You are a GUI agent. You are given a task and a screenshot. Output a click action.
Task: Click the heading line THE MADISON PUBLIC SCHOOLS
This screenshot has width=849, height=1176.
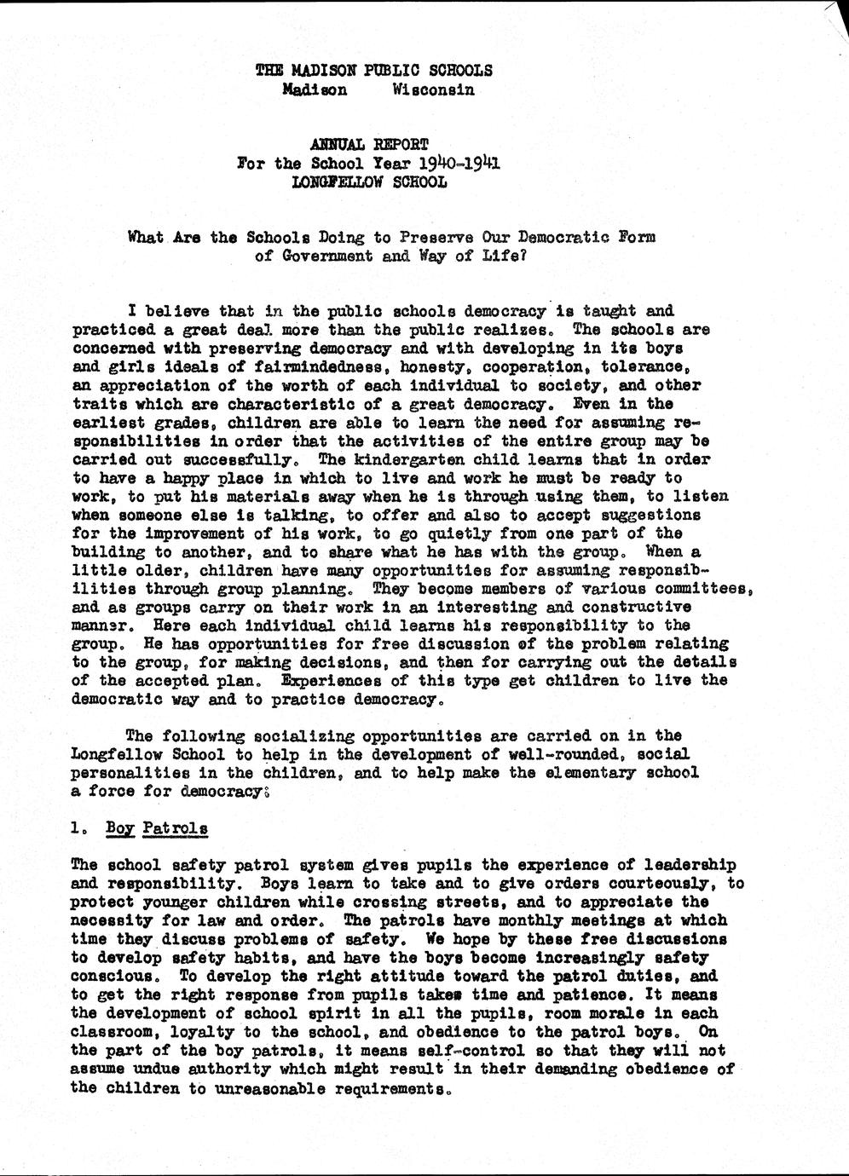pos(373,71)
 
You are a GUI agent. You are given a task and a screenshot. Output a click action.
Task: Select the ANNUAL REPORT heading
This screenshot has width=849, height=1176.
pos(369,145)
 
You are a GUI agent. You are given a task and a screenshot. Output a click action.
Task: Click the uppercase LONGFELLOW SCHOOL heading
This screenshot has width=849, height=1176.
pos(369,182)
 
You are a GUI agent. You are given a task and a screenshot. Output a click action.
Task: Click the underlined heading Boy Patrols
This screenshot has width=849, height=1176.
pos(157,827)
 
